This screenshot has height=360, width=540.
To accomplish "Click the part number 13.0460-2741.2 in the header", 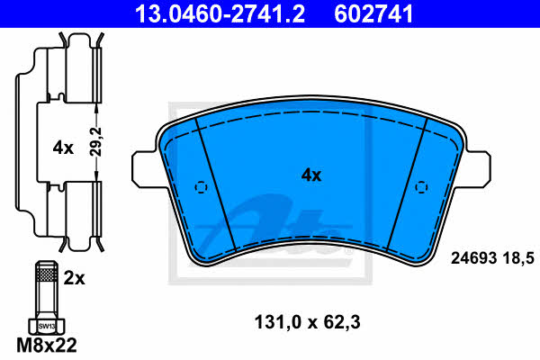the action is pos(220,13).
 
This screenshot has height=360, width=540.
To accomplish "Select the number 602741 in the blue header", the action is pos(373,13).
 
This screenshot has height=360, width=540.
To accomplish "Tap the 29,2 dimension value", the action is pos(96,142).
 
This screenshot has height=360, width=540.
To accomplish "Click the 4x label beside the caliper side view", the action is pos(63,148).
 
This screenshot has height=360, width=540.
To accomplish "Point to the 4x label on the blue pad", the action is pos(311,175).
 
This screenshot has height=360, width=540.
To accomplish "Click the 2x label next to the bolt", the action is pos(74,278).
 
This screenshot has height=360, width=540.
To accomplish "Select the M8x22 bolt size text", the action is pos(47,345).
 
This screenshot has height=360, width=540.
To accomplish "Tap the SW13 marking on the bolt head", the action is pos(47,326).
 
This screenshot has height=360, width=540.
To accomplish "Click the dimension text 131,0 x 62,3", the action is pos(307,322).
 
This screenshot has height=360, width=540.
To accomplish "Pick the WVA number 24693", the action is pos(473,258).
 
